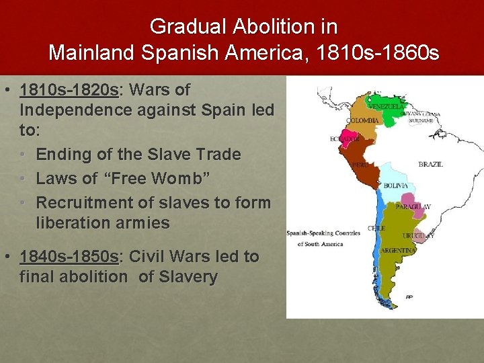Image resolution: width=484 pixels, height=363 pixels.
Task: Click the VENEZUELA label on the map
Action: (x=386, y=106)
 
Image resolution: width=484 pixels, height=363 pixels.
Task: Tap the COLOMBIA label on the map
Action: (x=362, y=121)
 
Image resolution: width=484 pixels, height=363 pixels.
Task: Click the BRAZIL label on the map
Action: (x=430, y=164)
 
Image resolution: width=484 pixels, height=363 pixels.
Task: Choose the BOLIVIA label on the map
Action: (x=395, y=186)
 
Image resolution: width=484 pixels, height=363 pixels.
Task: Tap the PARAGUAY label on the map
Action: (x=413, y=207)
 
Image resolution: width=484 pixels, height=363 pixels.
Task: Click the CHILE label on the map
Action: (x=376, y=228)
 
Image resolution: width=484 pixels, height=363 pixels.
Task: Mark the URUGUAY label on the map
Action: (x=418, y=236)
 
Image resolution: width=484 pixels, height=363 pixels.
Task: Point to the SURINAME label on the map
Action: (x=422, y=121)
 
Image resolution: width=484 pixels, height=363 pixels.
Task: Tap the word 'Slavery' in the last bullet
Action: (x=188, y=276)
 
